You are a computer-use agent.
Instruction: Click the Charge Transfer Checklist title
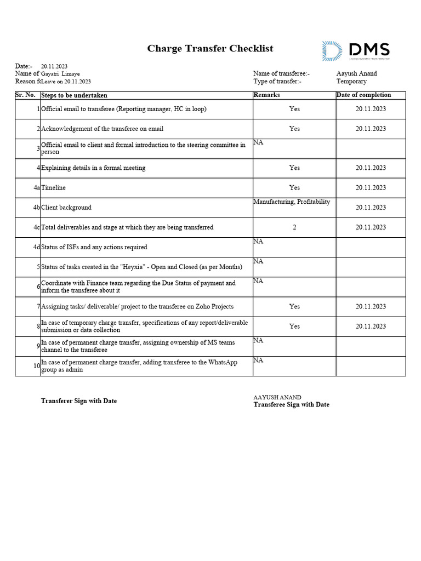[210, 49]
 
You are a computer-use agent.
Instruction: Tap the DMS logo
[356, 51]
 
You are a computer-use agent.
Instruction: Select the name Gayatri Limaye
[60, 74]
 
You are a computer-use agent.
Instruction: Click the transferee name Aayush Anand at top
[356, 73]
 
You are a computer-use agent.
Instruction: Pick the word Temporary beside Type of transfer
[351, 82]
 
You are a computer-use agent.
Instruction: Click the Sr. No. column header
[25, 95]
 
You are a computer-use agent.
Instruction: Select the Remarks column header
[266, 95]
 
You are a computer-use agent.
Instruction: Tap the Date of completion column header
[363, 95]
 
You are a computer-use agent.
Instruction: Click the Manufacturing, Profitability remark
[292, 202]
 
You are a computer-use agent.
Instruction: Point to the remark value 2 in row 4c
[294, 227]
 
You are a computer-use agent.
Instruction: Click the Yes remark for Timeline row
[294, 188]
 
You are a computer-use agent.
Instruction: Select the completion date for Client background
[371, 208]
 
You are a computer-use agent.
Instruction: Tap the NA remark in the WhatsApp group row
[258, 360]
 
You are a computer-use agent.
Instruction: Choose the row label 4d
[36, 247]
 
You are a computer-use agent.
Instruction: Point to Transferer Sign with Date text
[79, 401]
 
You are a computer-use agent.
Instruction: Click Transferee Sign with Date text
[291, 405]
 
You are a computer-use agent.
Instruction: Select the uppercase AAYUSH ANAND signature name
[277, 397]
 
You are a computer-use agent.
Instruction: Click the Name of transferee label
[281, 73]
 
